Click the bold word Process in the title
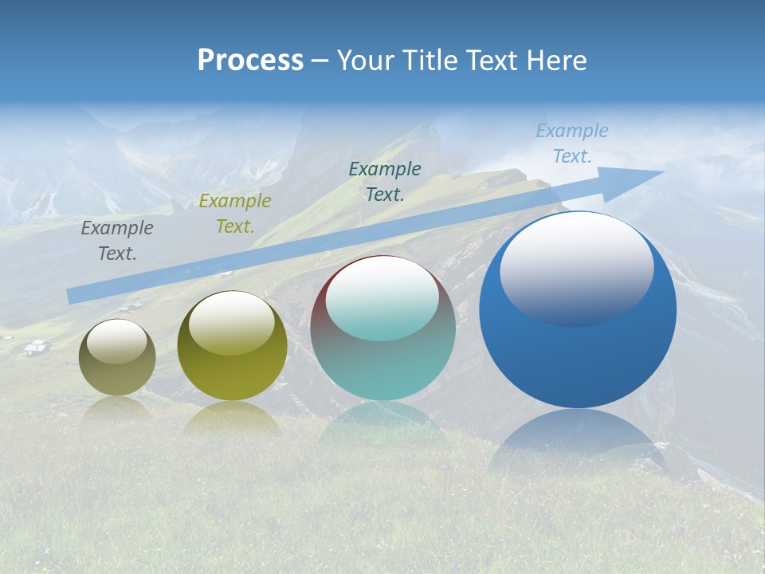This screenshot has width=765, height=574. tap(250, 61)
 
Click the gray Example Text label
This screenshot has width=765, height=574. tap(116, 241)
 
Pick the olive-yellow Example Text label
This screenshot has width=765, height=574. tap(234, 214)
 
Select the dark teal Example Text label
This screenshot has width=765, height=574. tap(384, 182)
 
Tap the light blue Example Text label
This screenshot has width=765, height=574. tap(571, 143)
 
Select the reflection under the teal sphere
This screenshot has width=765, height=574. tap(383, 423)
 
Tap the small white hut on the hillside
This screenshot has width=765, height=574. tap(37, 346)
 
